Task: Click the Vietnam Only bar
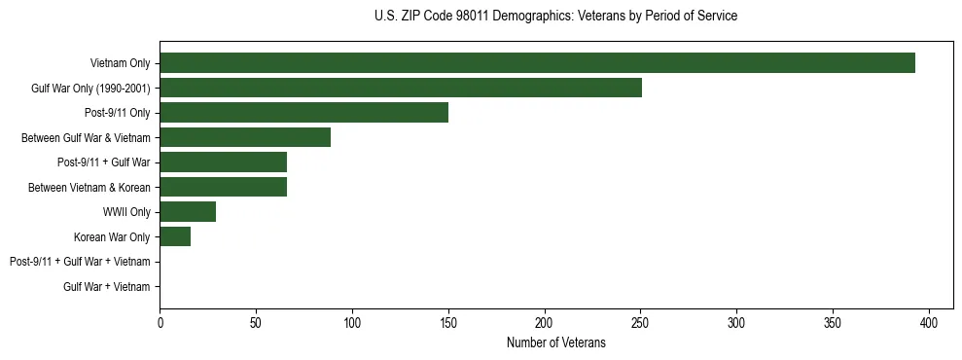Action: point(537,63)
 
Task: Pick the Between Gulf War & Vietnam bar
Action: point(245,137)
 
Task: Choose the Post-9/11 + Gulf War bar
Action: point(223,162)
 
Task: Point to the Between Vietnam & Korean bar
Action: point(223,187)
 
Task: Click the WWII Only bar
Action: point(188,212)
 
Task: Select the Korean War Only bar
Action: point(175,236)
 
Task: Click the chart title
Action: point(555,17)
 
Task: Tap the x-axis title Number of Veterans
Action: point(555,342)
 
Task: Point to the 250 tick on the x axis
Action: point(640,322)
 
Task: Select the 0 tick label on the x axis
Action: point(160,322)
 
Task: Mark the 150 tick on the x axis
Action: point(448,322)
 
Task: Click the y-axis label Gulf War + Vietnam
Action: point(107,287)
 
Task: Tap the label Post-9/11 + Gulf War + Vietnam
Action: point(80,262)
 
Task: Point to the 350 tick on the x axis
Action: point(833,322)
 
